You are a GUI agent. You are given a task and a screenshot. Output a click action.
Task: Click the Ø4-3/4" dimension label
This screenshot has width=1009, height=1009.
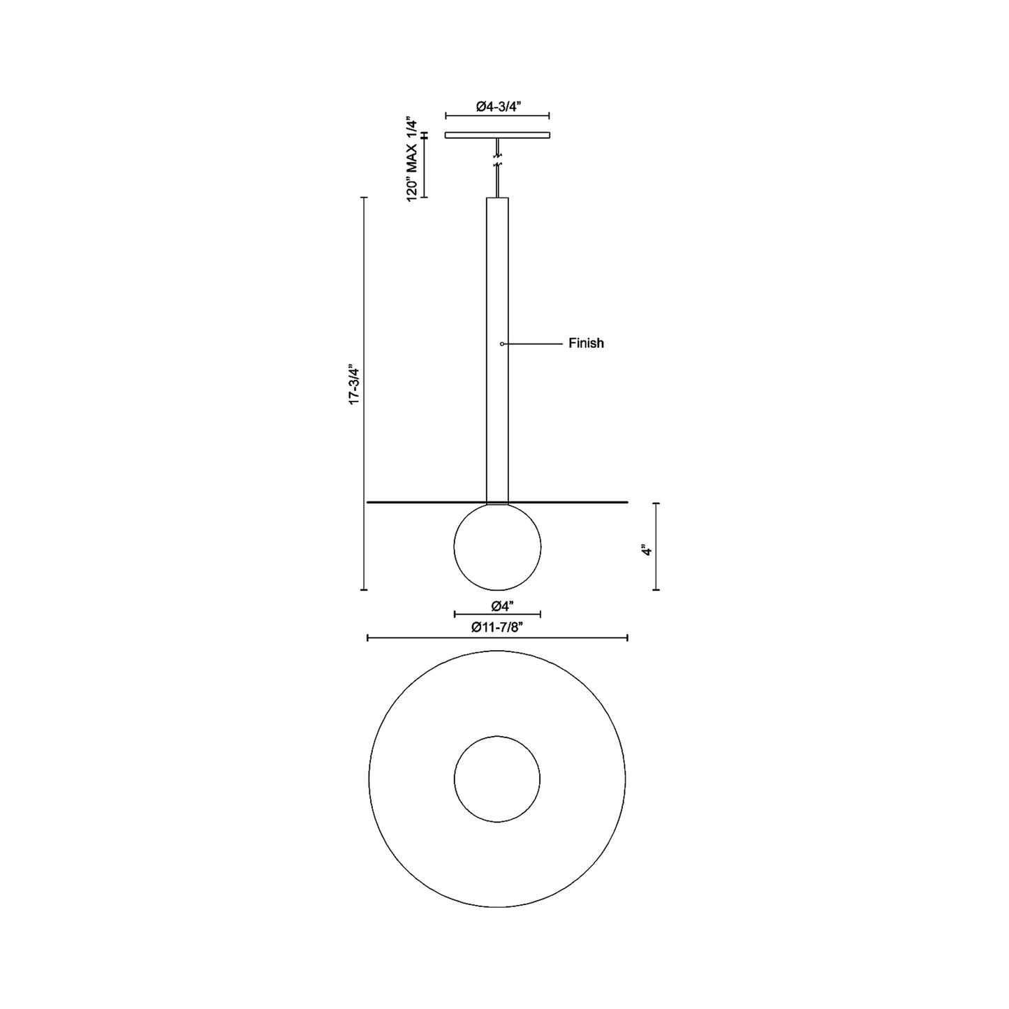click(x=499, y=106)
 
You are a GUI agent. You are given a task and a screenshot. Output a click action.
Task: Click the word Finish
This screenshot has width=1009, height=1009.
click(x=586, y=344)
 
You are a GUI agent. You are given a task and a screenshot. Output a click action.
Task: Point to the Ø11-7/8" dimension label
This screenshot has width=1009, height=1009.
click(x=497, y=627)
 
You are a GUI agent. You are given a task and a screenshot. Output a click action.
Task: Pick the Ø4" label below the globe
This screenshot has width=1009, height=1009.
click(x=497, y=605)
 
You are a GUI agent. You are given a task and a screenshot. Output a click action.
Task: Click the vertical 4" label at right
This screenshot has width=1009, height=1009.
click(x=647, y=550)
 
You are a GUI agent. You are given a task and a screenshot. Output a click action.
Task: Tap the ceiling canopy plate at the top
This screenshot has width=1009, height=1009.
click(x=497, y=135)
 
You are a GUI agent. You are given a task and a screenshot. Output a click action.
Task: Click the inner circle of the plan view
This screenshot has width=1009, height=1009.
click(x=497, y=779)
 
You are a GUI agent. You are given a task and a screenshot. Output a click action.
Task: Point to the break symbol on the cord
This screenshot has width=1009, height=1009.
click(x=497, y=165)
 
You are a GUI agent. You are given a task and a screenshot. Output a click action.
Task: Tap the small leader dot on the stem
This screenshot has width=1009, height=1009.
click(x=502, y=344)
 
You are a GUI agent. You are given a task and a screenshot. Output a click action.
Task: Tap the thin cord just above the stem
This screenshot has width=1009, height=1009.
click(x=497, y=185)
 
